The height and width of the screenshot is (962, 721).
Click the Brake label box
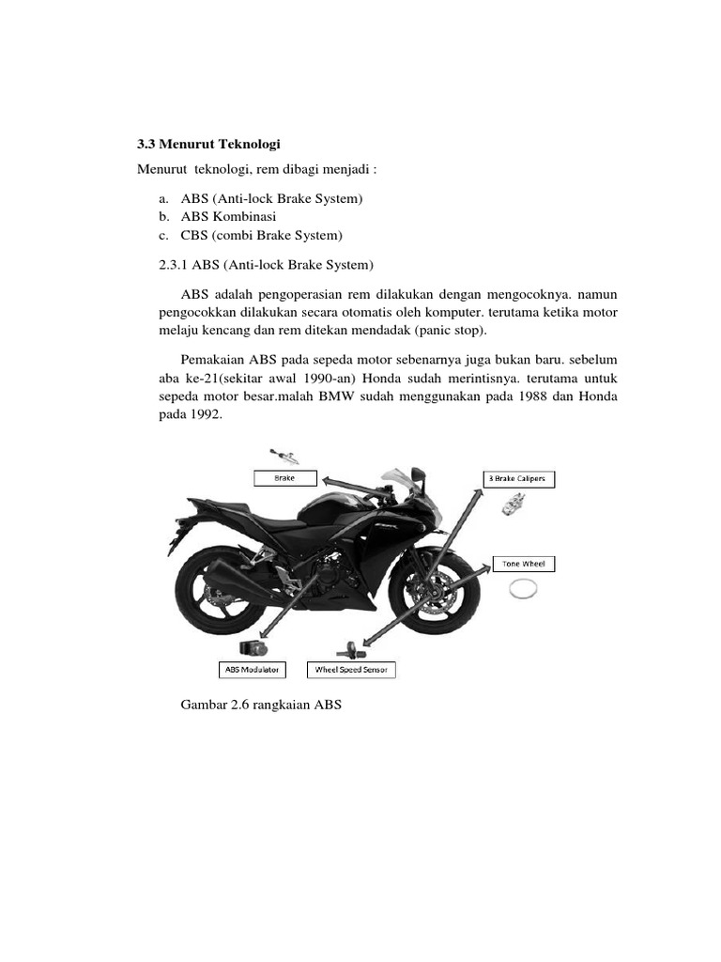tap(284, 478)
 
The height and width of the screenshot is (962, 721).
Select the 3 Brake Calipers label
tap(519, 479)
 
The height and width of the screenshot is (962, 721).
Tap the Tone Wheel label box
tap(524, 565)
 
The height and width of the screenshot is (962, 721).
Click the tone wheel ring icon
tap(524, 591)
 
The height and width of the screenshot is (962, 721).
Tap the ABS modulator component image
tap(254, 648)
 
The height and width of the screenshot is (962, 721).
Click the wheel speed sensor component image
tap(348, 648)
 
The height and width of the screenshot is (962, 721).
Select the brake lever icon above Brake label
tap(284, 458)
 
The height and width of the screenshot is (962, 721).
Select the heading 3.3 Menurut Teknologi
tap(209, 145)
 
